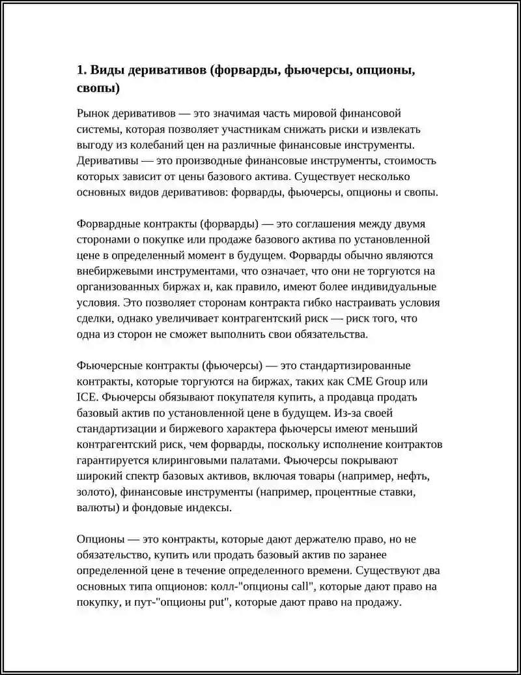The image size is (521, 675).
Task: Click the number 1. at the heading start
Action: pyautogui.click(x=81, y=70)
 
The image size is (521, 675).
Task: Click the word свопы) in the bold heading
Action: pyautogui.click(x=98, y=87)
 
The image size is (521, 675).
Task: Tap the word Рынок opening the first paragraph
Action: pyautogui.click(x=93, y=113)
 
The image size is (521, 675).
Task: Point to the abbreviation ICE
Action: pyautogui.click(x=87, y=397)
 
